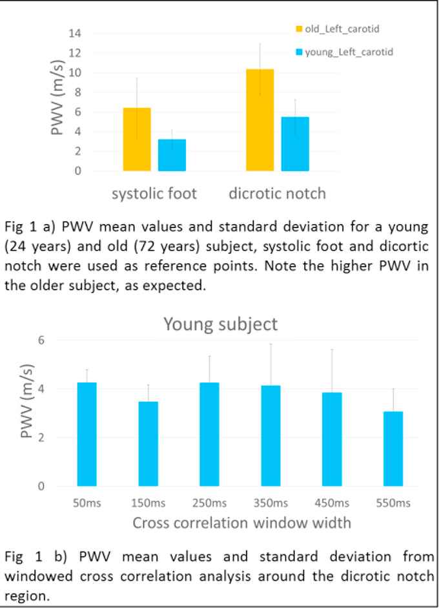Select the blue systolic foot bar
pyautogui.click(x=172, y=155)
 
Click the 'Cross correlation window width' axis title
pyautogui.click(x=241, y=523)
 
